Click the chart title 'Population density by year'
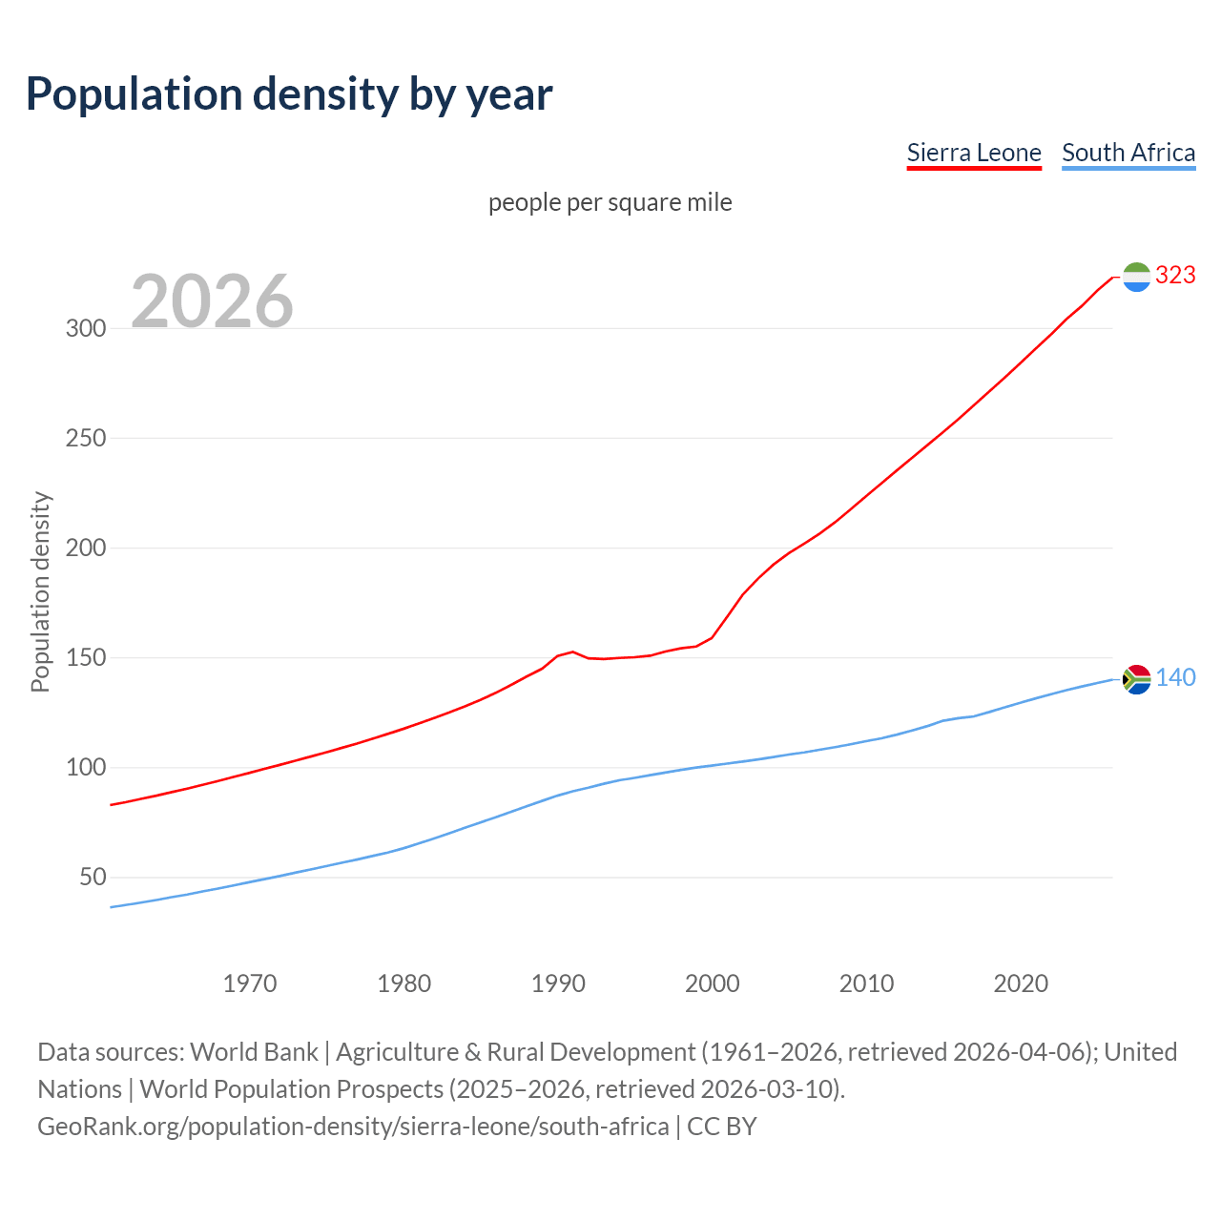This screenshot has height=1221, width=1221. [x=289, y=94]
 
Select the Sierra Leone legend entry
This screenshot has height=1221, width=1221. [x=973, y=153]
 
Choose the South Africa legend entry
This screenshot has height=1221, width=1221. [x=1128, y=153]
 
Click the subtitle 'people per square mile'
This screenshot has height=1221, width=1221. [x=610, y=203]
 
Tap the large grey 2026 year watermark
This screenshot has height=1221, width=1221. [x=212, y=301]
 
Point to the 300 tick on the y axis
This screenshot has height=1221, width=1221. [x=85, y=329]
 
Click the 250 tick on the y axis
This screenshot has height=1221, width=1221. [x=85, y=439]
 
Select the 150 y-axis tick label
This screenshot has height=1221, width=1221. [x=85, y=658]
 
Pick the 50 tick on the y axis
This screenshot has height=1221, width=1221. [x=92, y=878]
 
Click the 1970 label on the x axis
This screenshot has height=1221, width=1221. [x=250, y=983]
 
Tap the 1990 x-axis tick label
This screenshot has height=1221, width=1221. [x=558, y=983]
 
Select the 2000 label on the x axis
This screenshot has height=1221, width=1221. [x=713, y=983]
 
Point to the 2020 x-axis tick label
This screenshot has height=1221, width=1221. [x=1021, y=983]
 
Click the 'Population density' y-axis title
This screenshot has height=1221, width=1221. [x=40, y=591]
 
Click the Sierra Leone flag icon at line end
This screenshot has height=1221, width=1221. [x=1136, y=277]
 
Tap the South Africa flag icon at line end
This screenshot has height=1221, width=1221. [x=1136, y=679]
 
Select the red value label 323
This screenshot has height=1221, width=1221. [x=1175, y=276]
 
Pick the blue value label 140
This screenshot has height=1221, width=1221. [x=1175, y=678]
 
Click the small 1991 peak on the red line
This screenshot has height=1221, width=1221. [x=572, y=652]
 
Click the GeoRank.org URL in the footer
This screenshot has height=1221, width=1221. [x=353, y=1127]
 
